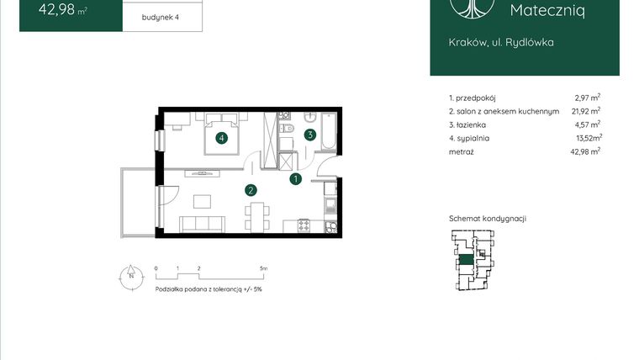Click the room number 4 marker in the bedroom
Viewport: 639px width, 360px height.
(x=221, y=139)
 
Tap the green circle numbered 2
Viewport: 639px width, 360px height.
(x=250, y=190)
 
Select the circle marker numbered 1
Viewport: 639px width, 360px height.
(x=295, y=178)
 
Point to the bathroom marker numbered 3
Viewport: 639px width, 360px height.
(x=310, y=134)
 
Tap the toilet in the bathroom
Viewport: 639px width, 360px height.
(x=286, y=132)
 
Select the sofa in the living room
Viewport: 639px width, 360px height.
(x=202, y=223)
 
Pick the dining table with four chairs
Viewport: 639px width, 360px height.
(x=251, y=213)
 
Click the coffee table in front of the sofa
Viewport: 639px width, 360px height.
(x=203, y=201)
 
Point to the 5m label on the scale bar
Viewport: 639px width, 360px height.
(x=263, y=268)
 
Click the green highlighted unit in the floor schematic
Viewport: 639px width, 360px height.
(x=465, y=261)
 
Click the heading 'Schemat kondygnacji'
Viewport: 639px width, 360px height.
(x=487, y=219)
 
